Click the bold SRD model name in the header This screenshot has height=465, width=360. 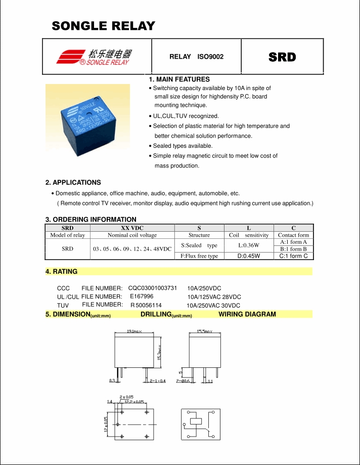282,57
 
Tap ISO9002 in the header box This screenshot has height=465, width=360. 210,57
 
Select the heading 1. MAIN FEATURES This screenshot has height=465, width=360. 179,79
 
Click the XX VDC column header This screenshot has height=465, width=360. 132,228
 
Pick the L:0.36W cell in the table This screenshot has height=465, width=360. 248,245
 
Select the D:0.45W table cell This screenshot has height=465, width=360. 248,256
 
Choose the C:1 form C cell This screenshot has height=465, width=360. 293,256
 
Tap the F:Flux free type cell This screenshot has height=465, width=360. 199,256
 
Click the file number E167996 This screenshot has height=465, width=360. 142,296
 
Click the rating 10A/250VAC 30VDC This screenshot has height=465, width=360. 213,306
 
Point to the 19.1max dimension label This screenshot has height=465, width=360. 134,331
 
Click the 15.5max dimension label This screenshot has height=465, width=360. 204,331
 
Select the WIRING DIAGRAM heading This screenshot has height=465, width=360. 247,314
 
